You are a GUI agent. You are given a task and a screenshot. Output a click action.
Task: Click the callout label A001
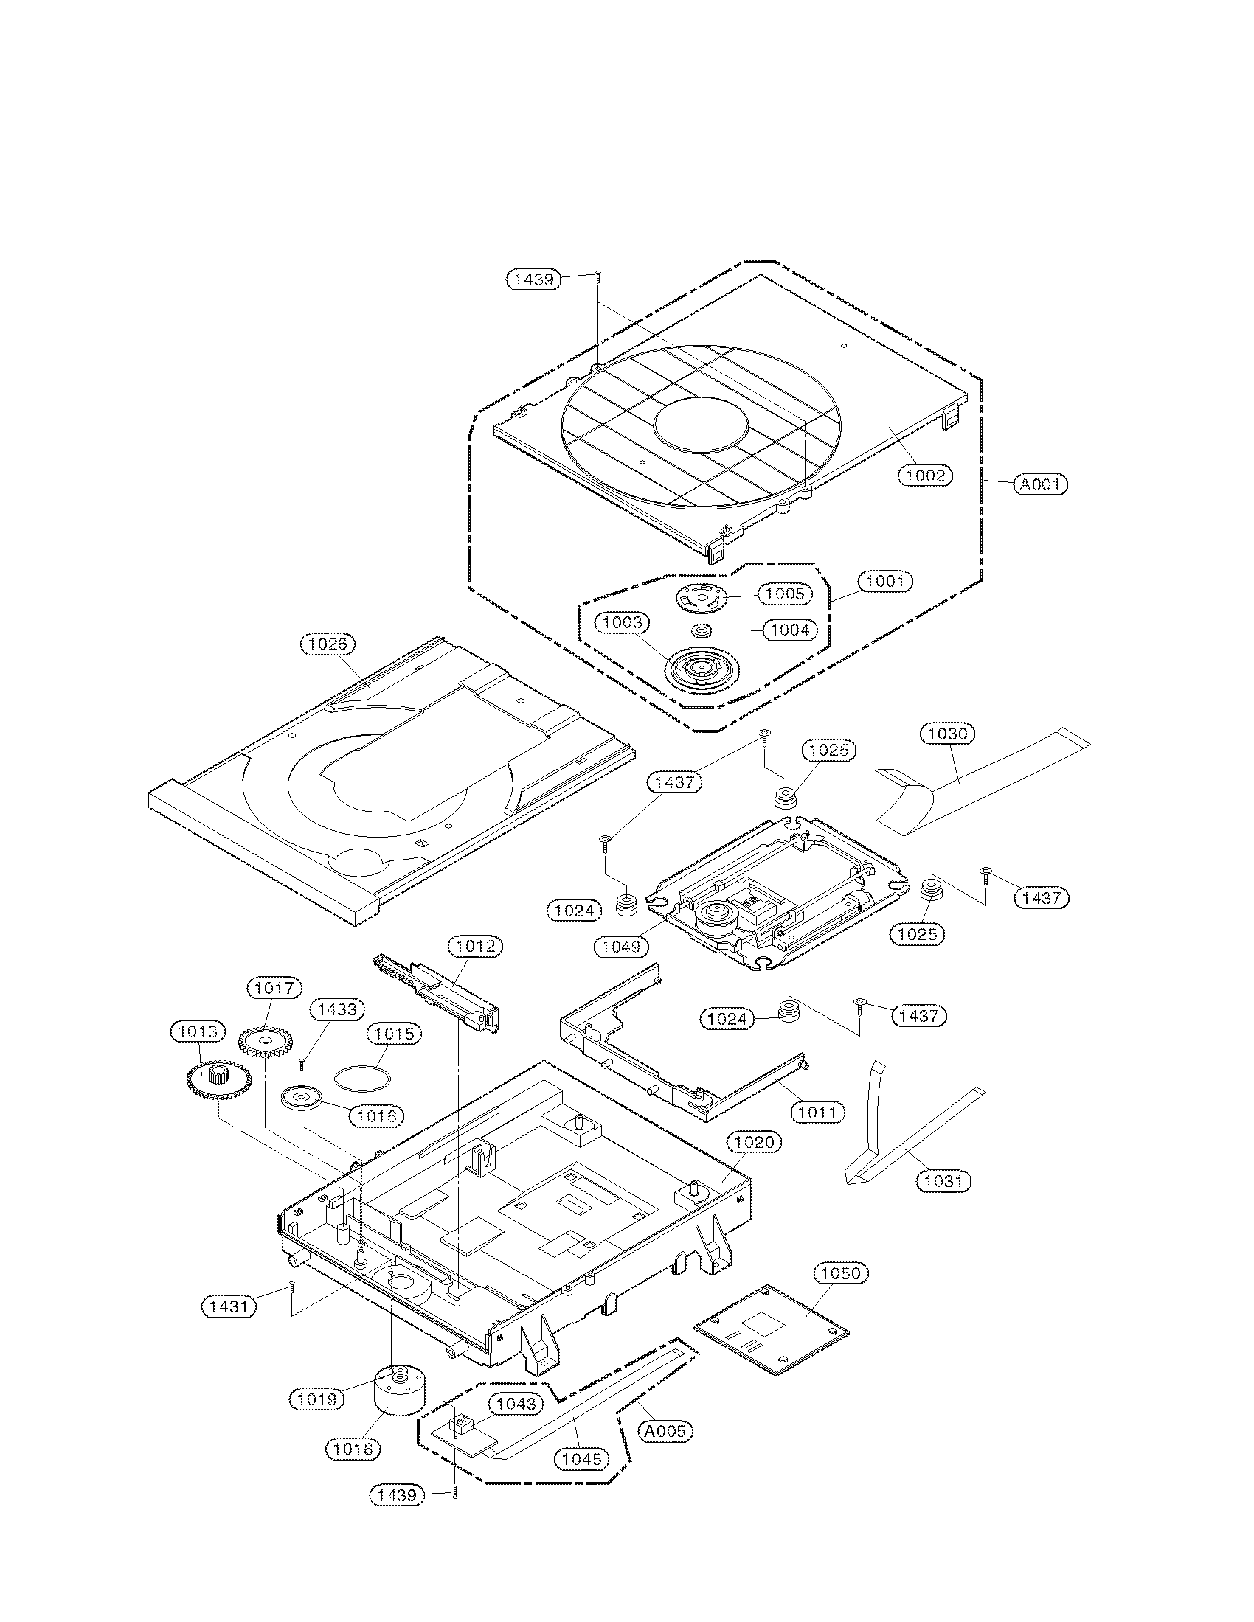tap(1041, 485)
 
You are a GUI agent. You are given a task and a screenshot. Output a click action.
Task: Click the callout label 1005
tap(785, 594)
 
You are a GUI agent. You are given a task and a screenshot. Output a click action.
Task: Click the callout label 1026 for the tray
tap(328, 644)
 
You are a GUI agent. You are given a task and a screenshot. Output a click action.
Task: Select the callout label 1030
tap(948, 734)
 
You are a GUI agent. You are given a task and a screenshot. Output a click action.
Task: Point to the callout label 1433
tap(337, 1009)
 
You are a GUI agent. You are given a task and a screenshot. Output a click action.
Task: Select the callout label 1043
tap(516, 1404)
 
